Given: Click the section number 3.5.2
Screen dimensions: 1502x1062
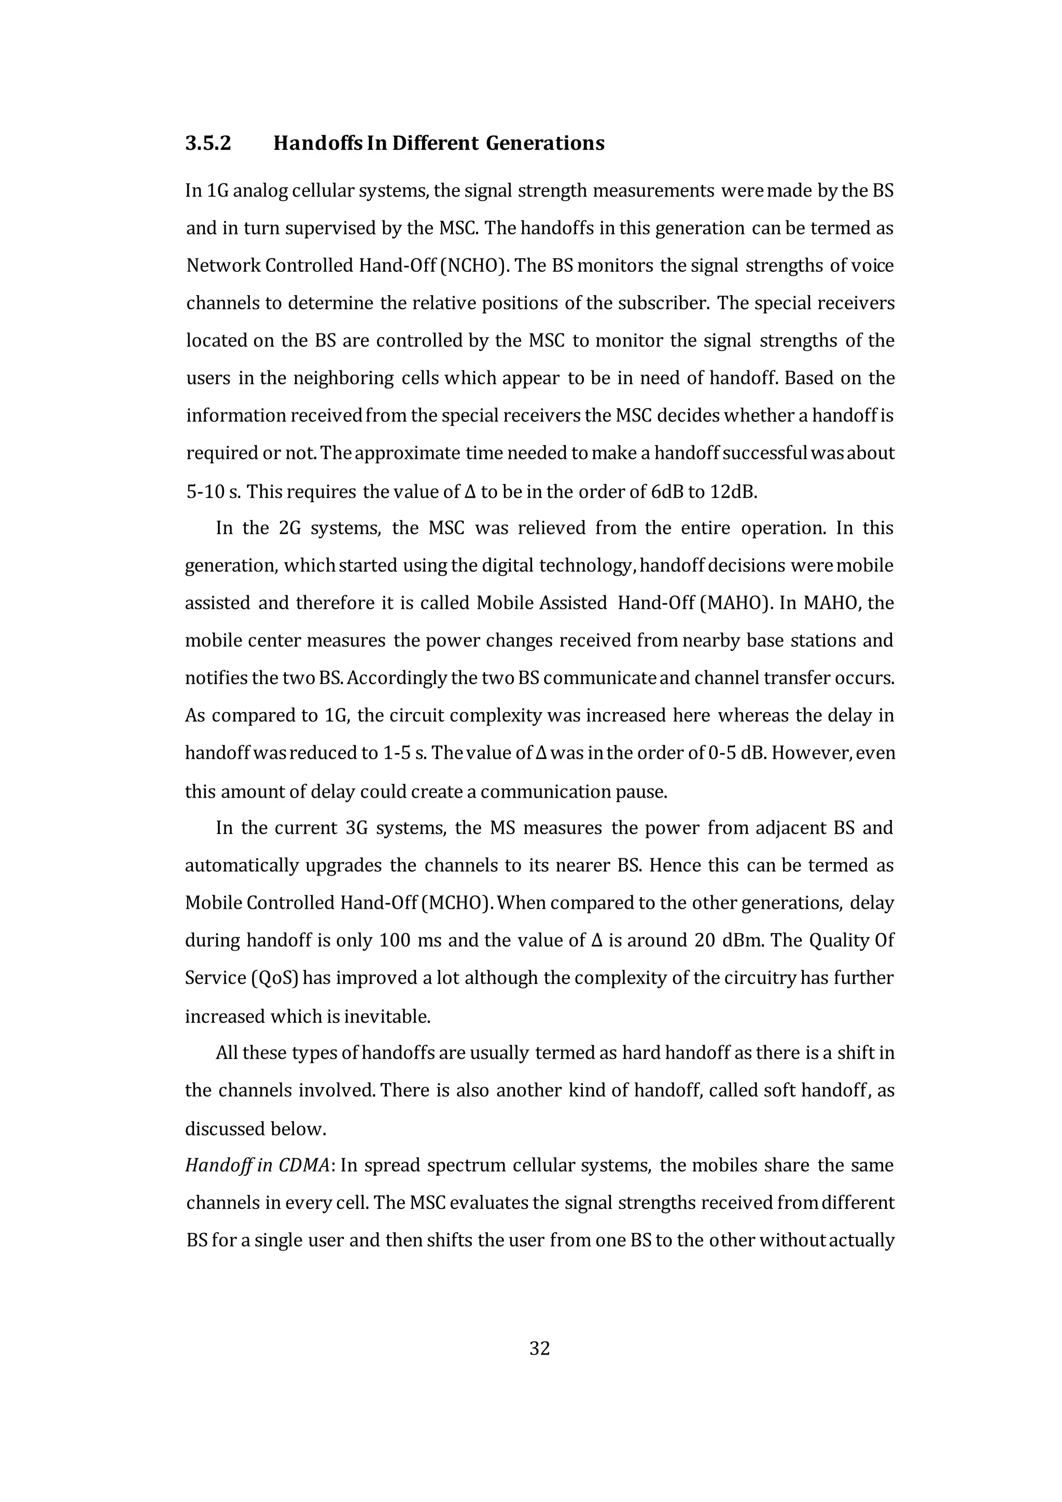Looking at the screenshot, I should pyautogui.click(x=208, y=143).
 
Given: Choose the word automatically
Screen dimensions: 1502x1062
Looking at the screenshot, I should pyautogui.click(x=245, y=866).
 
